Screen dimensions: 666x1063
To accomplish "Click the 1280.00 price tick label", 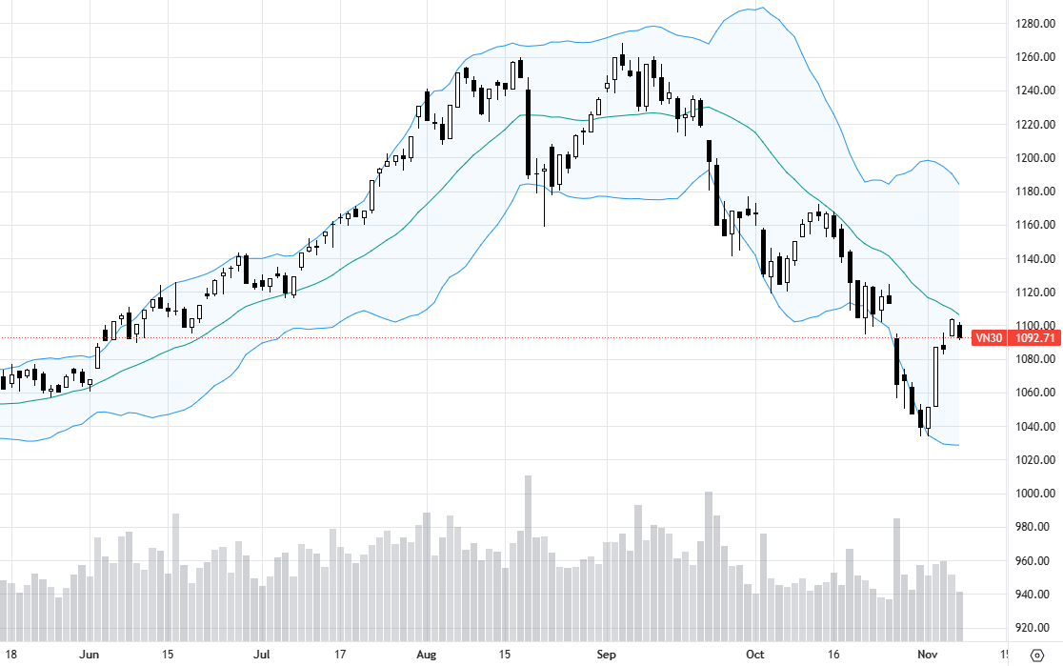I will pyautogui.click(x=1033, y=23).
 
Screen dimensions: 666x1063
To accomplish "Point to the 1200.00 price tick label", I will pyautogui.click(x=1033, y=157).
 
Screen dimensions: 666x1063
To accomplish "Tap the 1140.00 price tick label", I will pyautogui.click(x=1033, y=258).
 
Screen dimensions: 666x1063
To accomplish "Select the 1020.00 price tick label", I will pyautogui.click(x=1033, y=460).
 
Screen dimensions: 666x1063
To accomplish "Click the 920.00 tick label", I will pyautogui.click(x=1033, y=628).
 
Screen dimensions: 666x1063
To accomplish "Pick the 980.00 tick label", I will pyautogui.click(x=1033, y=527).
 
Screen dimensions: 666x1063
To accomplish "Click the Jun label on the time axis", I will pyautogui.click(x=90, y=655).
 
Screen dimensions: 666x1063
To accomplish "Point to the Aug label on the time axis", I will pyautogui.click(x=427, y=655).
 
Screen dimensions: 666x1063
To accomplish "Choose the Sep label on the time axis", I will pyautogui.click(x=606, y=655).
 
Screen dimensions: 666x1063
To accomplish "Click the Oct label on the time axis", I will pyautogui.click(x=755, y=655).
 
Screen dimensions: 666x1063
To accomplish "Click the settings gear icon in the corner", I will pyautogui.click(x=1037, y=655).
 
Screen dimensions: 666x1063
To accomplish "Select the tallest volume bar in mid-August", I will pyautogui.click(x=529, y=557).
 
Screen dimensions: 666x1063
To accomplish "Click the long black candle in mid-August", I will pyautogui.click(x=529, y=132).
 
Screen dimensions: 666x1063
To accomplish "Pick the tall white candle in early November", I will pyautogui.click(x=936, y=376).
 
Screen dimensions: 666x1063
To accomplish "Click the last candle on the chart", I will pyautogui.click(x=959, y=332).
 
